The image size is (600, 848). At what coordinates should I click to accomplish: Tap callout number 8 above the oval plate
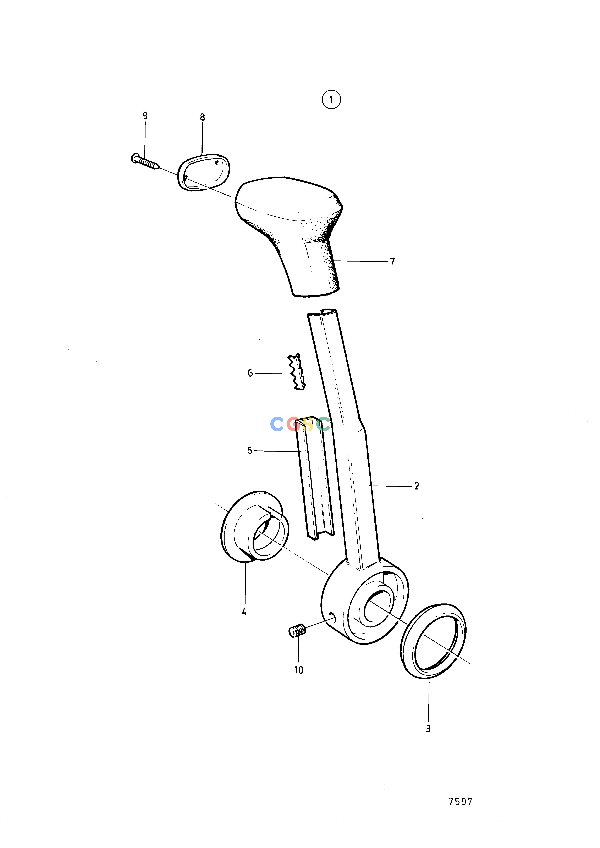pos(202,118)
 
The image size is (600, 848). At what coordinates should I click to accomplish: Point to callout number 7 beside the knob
pos(393,262)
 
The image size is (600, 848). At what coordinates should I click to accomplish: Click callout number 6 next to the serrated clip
pos(250,373)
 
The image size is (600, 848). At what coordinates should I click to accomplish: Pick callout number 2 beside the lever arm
pos(417,486)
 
